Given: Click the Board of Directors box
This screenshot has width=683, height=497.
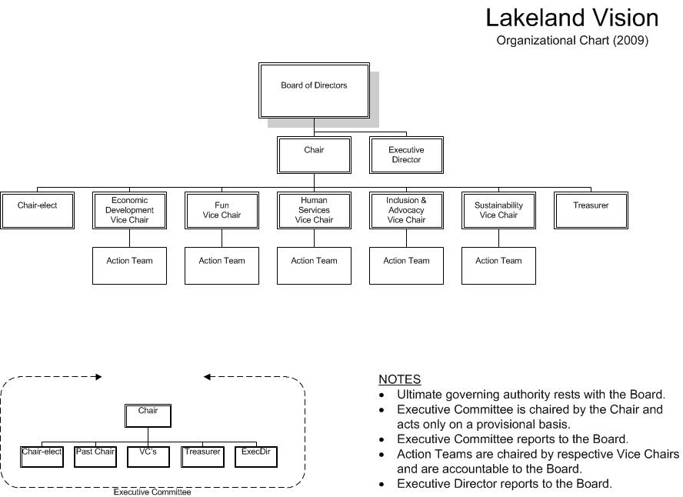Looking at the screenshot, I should pos(314,91).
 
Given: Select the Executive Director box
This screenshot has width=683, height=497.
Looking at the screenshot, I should pos(406,155).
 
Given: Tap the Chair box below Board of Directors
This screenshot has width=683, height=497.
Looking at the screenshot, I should pos(314,155).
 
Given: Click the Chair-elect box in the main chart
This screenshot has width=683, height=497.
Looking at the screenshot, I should pos(37,210).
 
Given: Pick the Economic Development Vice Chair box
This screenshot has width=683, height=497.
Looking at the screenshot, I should pos(129,210).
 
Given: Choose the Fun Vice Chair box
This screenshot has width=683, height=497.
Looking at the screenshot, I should pos(222,210).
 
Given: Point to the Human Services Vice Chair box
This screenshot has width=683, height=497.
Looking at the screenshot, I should pos(314,210).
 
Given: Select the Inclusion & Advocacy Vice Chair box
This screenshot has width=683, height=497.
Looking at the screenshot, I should pos(406,210).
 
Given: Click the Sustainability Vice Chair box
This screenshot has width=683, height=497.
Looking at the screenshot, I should pos(498,210).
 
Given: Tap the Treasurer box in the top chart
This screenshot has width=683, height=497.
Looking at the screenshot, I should pos(591,210).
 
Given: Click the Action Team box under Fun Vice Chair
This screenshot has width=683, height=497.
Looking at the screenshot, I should pos(222,265).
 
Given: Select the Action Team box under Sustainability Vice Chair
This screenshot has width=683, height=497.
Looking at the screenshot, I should pos(498,265).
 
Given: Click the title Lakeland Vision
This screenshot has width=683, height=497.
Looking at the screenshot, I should pos(572,18).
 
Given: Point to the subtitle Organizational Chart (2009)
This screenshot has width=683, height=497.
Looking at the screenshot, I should pos(572,40).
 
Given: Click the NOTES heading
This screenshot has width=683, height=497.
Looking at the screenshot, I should pos(399,379).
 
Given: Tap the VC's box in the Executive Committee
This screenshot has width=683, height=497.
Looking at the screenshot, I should pos(148,456).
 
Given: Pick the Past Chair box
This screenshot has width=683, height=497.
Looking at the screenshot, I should pos(95,456).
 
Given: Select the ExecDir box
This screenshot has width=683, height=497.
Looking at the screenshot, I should pos(255,456).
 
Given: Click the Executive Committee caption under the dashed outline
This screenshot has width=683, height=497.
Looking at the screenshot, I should pos(152,492).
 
